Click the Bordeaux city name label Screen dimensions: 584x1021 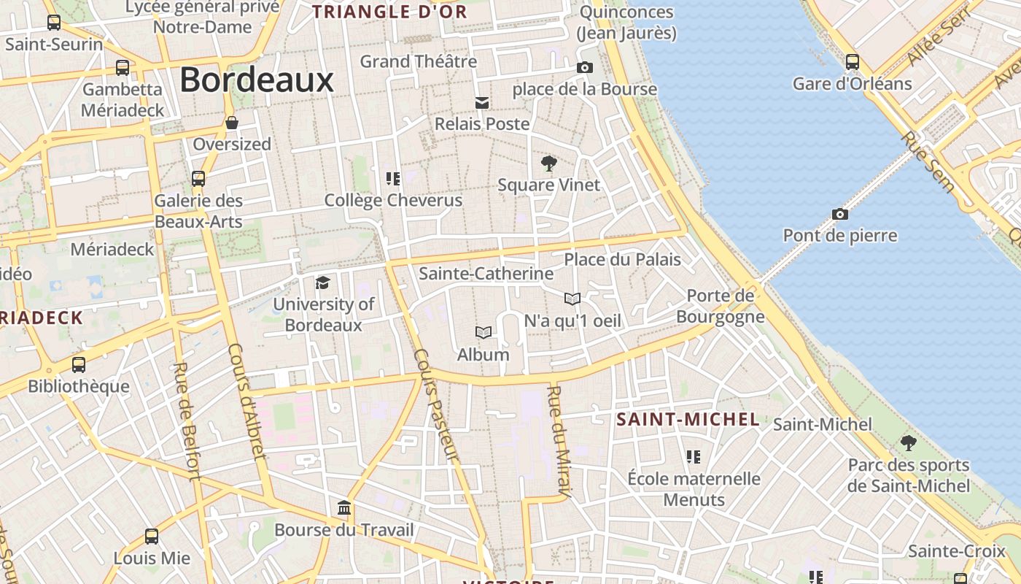(x=256, y=80)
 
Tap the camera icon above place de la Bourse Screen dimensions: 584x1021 (x=584, y=68)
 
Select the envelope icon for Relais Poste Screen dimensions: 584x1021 (x=482, y=103)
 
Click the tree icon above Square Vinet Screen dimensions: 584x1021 (x=548, y=164)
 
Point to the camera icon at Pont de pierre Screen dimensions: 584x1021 (x=840, y=215)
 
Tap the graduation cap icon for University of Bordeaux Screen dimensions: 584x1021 (x=322, y=283)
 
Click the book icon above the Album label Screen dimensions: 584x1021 (x=483, y=333)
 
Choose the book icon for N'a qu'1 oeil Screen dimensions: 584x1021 (x=572, y=299)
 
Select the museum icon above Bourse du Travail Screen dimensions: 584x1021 (x=343, y=508)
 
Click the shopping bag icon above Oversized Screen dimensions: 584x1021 (x=232, y=123)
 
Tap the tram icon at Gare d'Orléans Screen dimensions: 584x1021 (x=852, y=62)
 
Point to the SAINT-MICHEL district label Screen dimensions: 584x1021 (x=688, y=420)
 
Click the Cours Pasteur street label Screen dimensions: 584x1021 (x=437, y=404)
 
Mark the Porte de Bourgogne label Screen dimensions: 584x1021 (x=721, y=306)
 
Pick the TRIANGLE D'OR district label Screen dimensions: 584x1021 (x=389, y=12)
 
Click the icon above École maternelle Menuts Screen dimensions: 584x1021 (x=693, y=458)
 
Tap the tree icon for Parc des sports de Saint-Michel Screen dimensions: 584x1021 (x=908, y=443)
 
